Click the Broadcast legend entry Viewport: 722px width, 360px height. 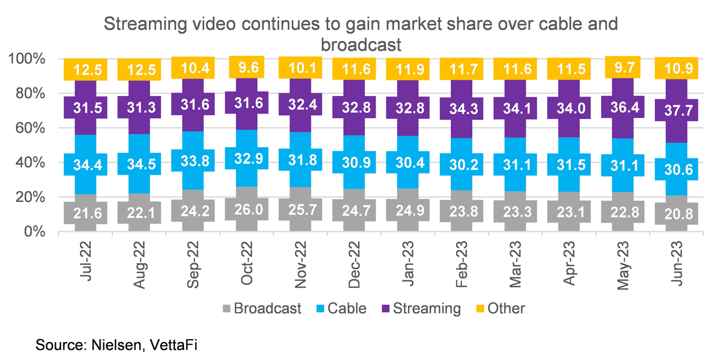(261, 309)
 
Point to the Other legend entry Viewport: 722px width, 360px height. (499, 309)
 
